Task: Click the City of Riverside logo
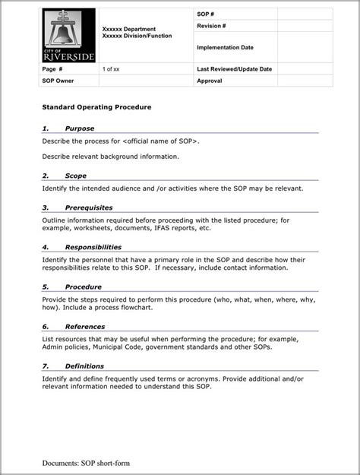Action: coord(69,36)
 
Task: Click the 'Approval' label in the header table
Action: coord(209,80)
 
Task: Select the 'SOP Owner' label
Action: coord(58,80)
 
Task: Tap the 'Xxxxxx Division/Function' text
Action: coord(136,36)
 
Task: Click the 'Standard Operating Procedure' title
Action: coord(96,108)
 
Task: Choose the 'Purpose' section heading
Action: coord(79,129)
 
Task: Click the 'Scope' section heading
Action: coord(75,176)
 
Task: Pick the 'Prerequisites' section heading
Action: coord(88,207)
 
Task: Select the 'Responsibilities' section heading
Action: coord(93,247)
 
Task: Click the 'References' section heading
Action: coord(84,327)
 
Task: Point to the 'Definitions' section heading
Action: coord(84,366)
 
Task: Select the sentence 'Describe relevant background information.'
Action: coord(111,157)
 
